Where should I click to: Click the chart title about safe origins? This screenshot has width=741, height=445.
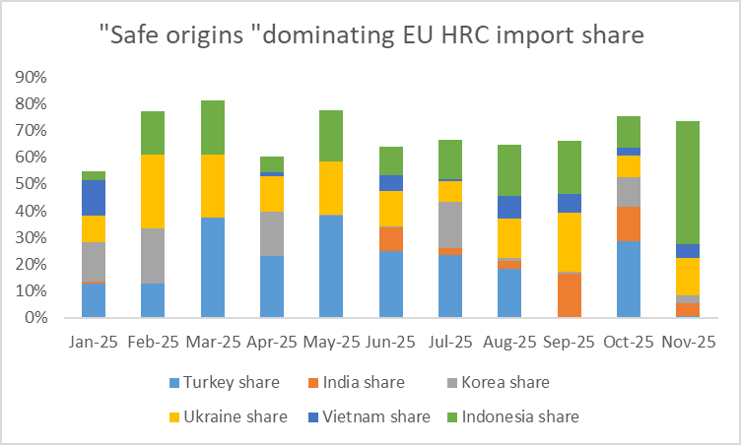tap(370, 36)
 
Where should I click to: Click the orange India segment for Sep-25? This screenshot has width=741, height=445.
tap(570, 295)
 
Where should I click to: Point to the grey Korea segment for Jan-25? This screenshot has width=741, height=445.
tap(94, 261)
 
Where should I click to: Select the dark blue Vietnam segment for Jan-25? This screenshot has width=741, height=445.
tap(94, 198)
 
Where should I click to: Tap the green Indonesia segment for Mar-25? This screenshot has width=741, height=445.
tap(213, 127)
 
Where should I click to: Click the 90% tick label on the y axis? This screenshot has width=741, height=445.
tap(33, 77)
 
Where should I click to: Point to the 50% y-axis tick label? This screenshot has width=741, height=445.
tap(33, 184)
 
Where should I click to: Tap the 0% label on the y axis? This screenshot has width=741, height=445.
tap(36, 318)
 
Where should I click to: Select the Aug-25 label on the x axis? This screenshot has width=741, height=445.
tap(510, 343)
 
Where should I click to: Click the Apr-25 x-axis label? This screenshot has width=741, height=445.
tap(272, 343)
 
